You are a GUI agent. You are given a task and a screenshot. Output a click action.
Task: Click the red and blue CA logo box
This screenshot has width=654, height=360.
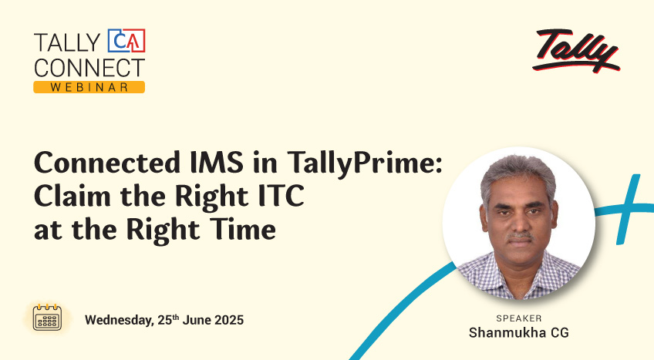(126, 40)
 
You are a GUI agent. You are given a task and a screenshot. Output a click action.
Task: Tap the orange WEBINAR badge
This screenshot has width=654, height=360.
(89, 87)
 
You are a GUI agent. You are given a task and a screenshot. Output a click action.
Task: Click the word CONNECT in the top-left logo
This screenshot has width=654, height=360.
(89, 68)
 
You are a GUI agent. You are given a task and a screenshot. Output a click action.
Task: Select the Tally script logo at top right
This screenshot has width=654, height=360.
(576, 50)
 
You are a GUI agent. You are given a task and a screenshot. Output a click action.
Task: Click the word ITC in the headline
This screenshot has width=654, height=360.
(281, 196)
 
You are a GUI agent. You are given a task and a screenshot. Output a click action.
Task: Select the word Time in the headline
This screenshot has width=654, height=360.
(242, 229)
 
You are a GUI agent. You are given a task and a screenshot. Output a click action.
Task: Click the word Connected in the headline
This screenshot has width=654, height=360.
(107, 162)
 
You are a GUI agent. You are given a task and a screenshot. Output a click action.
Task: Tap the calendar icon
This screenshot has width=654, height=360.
(47, 318)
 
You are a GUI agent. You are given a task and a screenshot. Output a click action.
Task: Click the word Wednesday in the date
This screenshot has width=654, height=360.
(120, 321)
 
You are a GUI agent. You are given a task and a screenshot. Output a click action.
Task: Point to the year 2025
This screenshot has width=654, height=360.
(228, 320)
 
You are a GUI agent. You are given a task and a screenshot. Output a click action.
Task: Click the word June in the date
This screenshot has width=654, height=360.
(197, 320)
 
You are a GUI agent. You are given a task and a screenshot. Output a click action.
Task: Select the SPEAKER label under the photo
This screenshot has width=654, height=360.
(519, 318)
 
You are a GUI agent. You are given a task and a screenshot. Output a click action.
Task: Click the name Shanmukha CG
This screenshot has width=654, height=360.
(519, 332)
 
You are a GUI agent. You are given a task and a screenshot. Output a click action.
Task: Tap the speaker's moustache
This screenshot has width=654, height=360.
(520, 236)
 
